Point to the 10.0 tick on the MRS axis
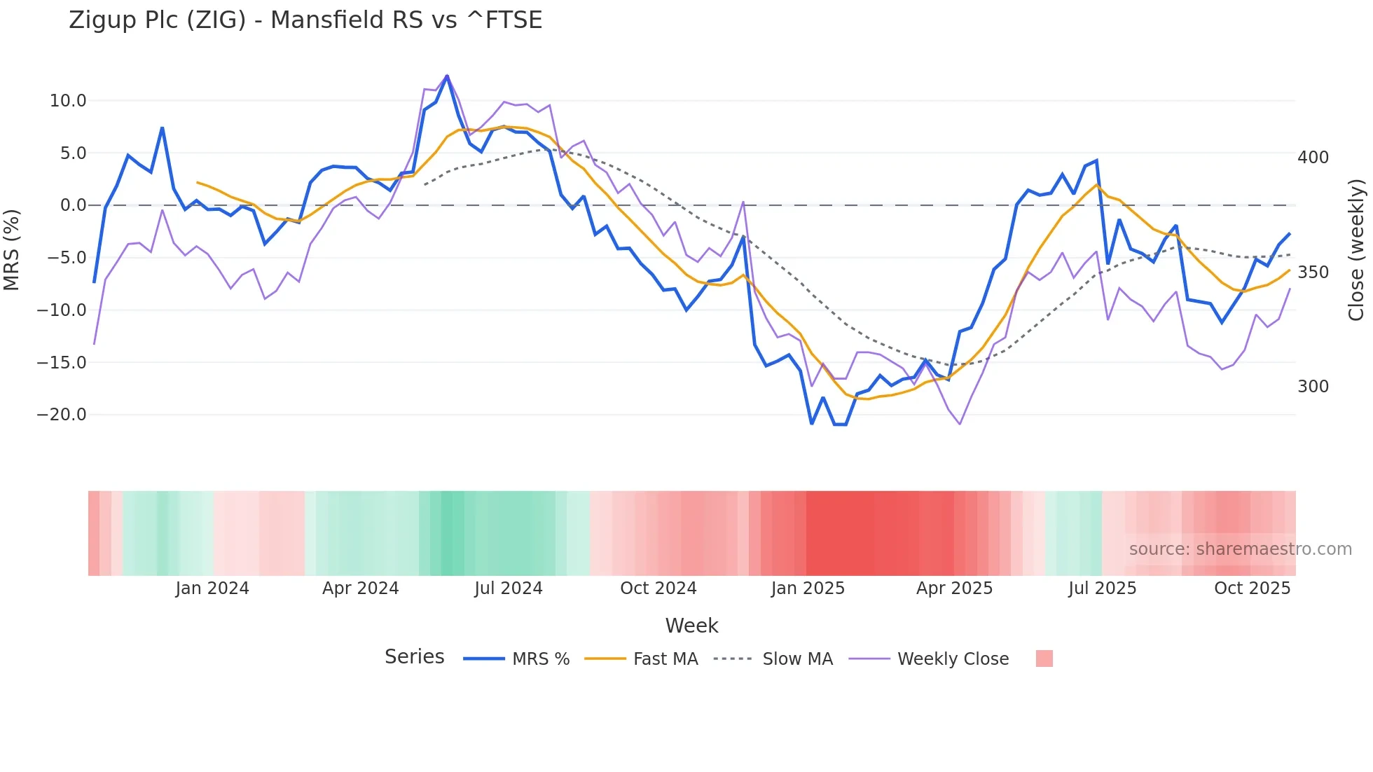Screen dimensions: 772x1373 (x=68, y=101)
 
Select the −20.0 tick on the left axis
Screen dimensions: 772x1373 (x=62, y=415)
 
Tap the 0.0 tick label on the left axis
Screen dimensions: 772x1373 (x=73, y=205)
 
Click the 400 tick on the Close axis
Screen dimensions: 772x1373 (x=1313, y=158)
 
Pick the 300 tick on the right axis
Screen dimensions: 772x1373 (x=1313, y=387)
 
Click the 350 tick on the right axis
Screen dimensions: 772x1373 (x=1313, y=273)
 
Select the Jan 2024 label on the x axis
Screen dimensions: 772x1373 (x=212, y=588)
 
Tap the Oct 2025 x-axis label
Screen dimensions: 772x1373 (x=1252, y=588)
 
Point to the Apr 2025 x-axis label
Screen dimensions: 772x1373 (x=954, y=588)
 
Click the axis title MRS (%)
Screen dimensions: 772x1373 (x=12, y=250)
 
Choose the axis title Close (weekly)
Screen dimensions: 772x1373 (x=1357, y=250)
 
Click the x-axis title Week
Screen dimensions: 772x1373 (x=691, y=626)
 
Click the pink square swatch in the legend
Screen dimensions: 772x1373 (x=1044, y=659)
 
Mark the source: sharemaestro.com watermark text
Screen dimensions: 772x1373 (x=1240, y=549)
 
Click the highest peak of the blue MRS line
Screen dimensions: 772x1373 (x=447, y=76)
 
